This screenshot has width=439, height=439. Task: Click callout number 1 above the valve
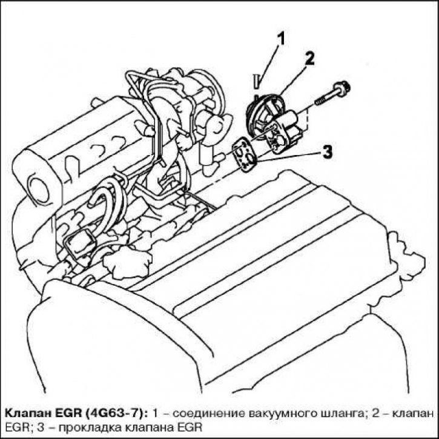pos(280,38)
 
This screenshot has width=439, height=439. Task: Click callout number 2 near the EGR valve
pos(309,59)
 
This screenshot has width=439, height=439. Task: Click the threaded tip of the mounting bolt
pos(320,101)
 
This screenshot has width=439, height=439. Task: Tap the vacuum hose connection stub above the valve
pos(256,81)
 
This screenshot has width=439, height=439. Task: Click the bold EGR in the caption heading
pos(68,414)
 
